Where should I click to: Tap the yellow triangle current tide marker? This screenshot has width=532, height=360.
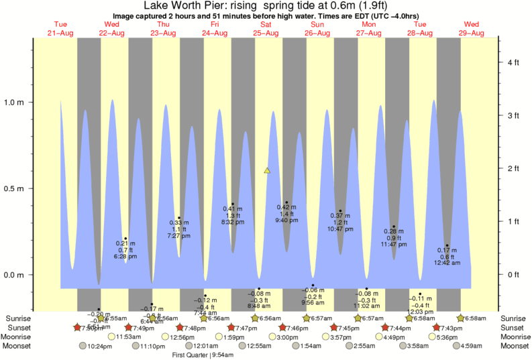pos(267,171)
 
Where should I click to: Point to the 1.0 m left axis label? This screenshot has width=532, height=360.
pos(15,103)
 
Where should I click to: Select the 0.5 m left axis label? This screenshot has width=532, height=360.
pos(15,188)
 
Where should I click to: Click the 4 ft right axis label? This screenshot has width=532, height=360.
pos(514,62)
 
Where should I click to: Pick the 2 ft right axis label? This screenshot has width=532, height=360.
pos(514,168)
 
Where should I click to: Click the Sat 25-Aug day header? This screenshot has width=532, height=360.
pos(266,29)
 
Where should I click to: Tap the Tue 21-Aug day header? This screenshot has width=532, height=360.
pos(61,29)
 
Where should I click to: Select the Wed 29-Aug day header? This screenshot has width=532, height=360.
pos(472,29)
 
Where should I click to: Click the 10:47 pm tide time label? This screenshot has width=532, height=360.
pos(340,229)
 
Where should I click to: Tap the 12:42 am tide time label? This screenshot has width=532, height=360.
pos(447,263)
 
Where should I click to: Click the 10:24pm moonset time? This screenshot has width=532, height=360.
pos(99,346)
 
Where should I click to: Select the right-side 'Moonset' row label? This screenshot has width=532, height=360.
pos(514,346)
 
